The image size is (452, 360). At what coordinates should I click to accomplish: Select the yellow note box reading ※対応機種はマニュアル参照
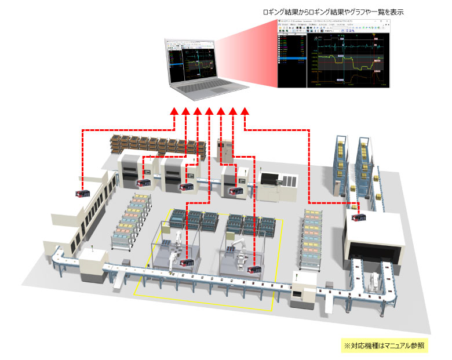(384, 344)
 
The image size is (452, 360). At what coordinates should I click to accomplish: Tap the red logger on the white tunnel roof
(357, 217)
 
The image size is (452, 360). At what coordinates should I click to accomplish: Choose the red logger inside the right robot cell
(254, 269)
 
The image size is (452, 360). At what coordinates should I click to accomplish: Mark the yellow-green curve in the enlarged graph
(348, 61)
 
